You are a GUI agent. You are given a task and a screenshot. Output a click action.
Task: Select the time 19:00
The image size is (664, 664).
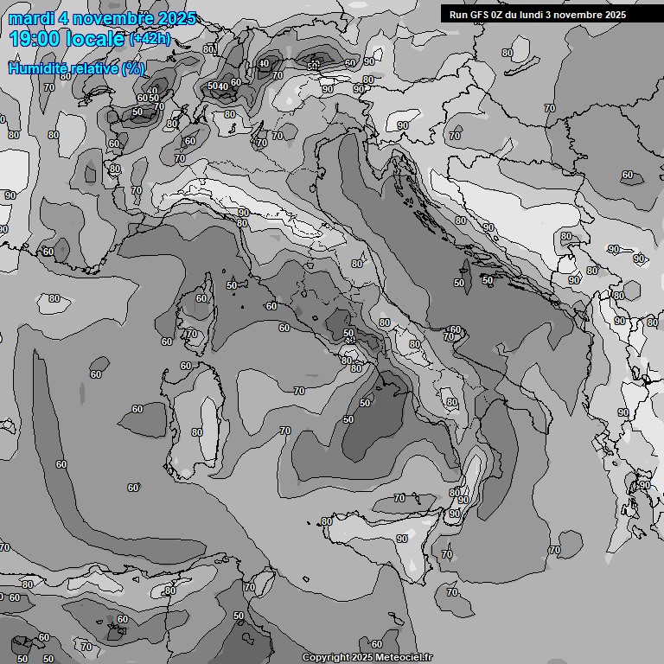[x=35, y=39]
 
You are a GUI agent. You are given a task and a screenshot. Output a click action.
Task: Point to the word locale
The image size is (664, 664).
[x=96, y=39]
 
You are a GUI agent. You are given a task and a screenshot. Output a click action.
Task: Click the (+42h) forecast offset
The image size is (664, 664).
[x=150, y=39]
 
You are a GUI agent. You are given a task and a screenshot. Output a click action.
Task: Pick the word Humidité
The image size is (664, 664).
[x=35, y=67]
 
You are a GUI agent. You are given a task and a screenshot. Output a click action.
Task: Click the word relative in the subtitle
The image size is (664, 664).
[x=91, y=67]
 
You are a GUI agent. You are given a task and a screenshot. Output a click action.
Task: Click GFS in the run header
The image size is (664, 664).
[x=482, y=15]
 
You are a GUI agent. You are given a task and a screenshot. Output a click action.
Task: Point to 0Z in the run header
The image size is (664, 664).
[x=501, y=15]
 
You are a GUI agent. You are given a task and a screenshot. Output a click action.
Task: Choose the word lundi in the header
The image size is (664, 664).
[x=542, y=15]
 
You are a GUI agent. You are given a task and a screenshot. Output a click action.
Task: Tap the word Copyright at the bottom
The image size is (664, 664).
[x=326, y=658]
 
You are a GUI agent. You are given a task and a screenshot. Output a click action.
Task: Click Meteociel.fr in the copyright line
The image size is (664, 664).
[x=400, y=658]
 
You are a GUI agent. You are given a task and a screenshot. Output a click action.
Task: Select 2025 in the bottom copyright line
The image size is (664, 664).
[x=361, y=658]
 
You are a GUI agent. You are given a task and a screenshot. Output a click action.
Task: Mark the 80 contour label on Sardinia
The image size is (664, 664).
[x=197, y=432]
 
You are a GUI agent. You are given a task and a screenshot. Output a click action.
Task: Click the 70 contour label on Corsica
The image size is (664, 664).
[x=192, y=334]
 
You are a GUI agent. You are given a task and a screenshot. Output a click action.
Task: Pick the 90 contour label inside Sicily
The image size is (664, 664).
[x=402, y=539]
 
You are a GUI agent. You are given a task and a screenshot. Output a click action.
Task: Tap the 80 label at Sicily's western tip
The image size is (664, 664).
[x=327, y=521]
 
